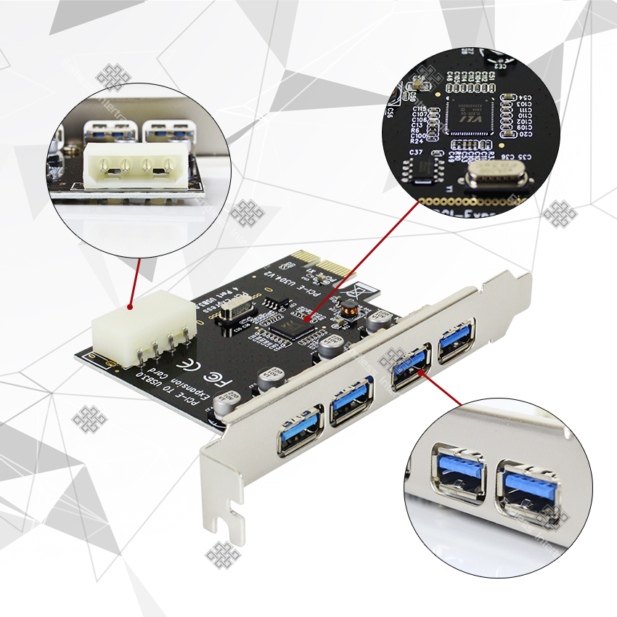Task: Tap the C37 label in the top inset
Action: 416,152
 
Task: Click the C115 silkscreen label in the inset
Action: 420,108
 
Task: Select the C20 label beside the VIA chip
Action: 526,134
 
